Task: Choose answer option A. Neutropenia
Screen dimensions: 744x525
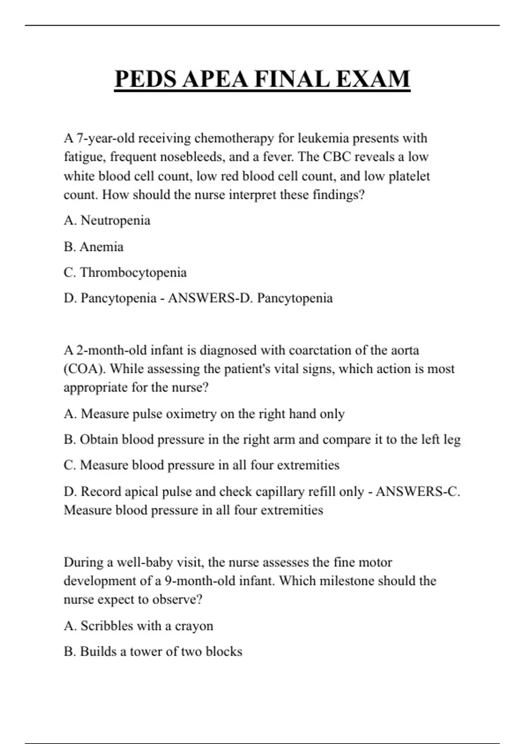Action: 107,220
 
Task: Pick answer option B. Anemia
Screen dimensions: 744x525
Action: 94,247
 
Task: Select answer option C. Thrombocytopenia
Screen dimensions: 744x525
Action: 125,272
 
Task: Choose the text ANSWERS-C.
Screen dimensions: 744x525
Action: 418,491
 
